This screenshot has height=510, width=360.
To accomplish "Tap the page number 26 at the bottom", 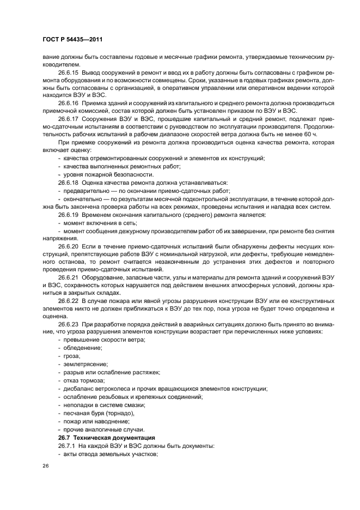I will tap(45, 467).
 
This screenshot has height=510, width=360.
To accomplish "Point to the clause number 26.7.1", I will tap(66, 446).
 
